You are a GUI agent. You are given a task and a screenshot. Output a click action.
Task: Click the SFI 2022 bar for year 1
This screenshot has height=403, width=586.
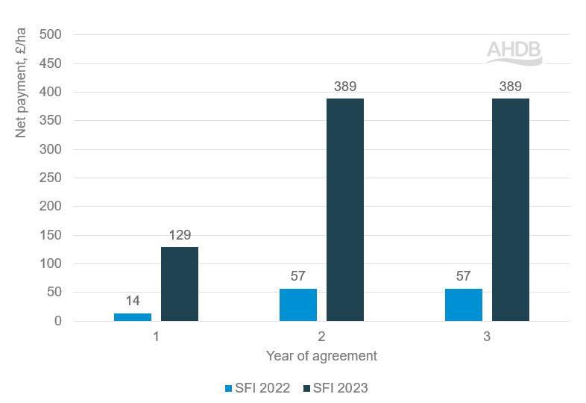click(x=133, y=316)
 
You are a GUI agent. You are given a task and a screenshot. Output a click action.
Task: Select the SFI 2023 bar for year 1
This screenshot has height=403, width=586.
click(x=180, y=284)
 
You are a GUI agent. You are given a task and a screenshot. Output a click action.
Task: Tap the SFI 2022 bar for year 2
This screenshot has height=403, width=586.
click(x=298, y=304)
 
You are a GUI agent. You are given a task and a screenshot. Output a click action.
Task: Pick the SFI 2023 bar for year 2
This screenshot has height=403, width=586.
click(x=345, y=210)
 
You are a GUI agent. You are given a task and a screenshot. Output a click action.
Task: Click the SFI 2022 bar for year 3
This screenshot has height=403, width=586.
click(x=464, y=304)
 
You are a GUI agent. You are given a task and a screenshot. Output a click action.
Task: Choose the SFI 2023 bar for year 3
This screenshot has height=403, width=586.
click(x=511, y=210)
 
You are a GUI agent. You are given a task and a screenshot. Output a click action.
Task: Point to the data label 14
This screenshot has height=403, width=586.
click(x=133, y=301)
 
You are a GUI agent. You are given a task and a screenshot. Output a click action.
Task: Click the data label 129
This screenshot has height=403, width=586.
click(x=180, y=235)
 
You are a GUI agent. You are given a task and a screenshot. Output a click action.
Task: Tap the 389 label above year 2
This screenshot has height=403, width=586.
click(x=345, y=87)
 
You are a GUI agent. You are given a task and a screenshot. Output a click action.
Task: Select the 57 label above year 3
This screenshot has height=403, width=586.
click(x=464, y=276)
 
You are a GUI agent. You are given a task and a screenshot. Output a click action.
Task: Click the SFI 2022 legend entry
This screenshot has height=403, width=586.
click(x=259, y=387)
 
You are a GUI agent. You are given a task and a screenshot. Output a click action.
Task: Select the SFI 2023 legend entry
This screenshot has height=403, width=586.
click(x=335, y=387)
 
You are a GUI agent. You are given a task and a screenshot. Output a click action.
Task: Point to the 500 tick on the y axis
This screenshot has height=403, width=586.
click(x=57, y=34)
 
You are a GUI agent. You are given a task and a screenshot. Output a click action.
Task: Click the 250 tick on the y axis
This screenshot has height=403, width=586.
click(x=57, y=178)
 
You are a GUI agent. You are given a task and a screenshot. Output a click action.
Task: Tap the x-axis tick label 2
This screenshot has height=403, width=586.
click(x=321, y=337)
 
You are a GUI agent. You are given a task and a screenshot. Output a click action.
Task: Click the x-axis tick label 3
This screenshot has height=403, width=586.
click(x=487, y=337)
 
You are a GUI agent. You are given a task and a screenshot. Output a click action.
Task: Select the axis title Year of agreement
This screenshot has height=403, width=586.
click(x=321, y=356)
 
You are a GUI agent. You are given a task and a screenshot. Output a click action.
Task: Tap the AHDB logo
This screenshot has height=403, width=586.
click(x=514, y=52)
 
